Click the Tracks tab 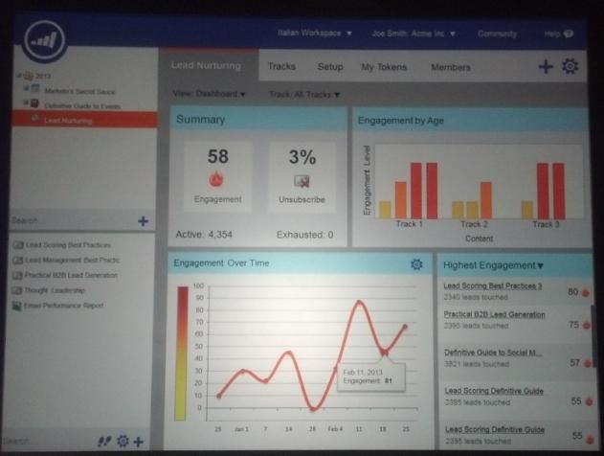click(x=281, y=67)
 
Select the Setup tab click(x=330, y=67)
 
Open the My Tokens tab click(x=384, y=67)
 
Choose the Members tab click(x=450, y=67)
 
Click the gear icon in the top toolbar click(x=570, y=66)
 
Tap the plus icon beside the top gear click(x=546, y=66)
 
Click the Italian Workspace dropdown click(x=315, y=33)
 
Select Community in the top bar click(x=497, y=34)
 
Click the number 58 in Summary click(x=217, y=157)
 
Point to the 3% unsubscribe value click(x=302, y=157)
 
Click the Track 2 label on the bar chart click(x=471, y=224)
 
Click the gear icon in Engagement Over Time click(x=416, y=264)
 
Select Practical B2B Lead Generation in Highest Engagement click(x=494, y=314)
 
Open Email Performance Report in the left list click(x=65, y=306)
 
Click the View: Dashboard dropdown click(x=210, y=94)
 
